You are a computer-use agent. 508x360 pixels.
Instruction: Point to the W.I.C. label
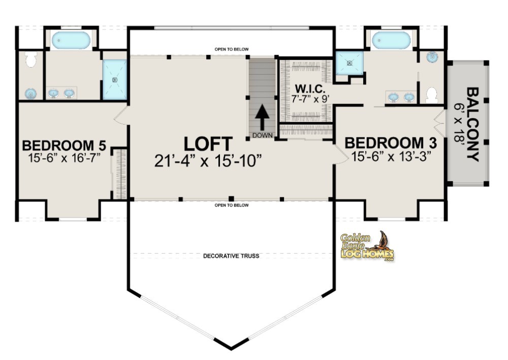pyautogui.click(x=306, y=88)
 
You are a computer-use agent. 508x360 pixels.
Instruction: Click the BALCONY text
pyautogui.click(x=473, y=125)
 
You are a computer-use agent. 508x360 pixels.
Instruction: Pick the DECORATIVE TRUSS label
pyautogui.click(x=231, y=256)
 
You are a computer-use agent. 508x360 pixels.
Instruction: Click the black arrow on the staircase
pyautogui.click(x=262, y=118)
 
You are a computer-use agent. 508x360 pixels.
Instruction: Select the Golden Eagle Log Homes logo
pyautogui.click(x=367, y=247)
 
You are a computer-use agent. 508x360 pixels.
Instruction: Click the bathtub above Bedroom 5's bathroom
pyautogui.click(x=71, y=40)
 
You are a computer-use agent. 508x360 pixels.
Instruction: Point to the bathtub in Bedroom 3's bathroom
pyautogui.click(x=391, y=40)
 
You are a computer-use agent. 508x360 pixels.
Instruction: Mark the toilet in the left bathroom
pyautogui.click(x=31, y=60)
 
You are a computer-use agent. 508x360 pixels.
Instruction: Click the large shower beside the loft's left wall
pyautogui.click(x=115, y=79)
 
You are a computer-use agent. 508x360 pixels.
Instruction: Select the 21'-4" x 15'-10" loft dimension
pyautogui.click(x=208, y=160)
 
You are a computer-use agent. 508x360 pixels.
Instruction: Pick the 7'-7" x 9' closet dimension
pyautogui.click(x=306, y=99)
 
